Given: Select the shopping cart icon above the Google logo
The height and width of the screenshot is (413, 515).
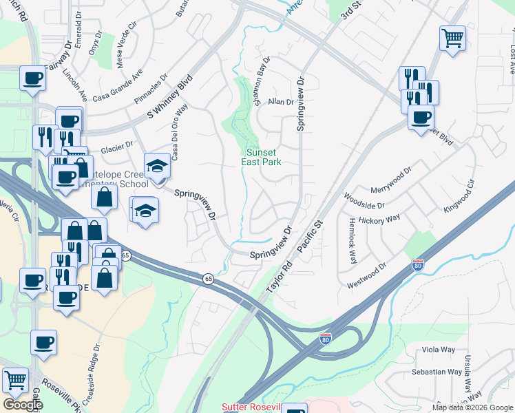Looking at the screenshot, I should (15, 379).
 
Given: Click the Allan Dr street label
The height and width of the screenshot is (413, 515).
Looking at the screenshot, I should (281, 101).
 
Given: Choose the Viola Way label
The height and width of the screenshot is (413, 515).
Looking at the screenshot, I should (438, 350).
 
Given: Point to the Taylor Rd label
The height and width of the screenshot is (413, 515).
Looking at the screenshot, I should (279, 280).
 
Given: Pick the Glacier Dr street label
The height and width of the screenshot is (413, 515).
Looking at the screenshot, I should (116, 148).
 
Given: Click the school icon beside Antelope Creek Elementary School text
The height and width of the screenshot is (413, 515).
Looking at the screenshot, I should (157, 166).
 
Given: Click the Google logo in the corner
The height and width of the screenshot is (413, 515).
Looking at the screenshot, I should (22, 405).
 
